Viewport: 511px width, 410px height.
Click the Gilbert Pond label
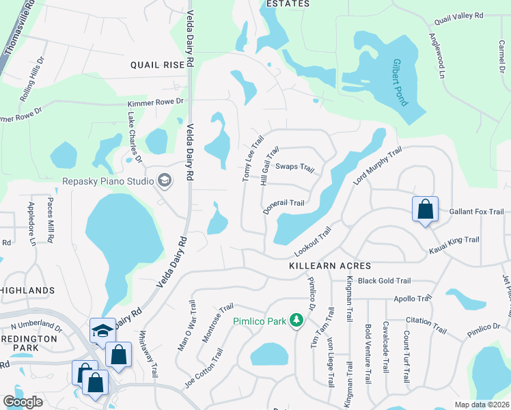(400, 83)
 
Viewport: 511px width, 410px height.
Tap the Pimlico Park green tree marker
(296, 319)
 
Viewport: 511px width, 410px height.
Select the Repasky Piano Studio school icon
(164, 180)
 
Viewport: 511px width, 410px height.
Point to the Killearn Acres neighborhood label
(329, 266)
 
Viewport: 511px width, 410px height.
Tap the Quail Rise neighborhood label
(158, 65)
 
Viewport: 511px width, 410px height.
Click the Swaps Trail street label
(294, 167)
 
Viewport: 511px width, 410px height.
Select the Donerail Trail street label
(283, 204)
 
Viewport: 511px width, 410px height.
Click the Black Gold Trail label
(384, 281)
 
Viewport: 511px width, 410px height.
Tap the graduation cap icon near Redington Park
(102, 331)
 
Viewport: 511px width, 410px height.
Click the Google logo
(23, 402)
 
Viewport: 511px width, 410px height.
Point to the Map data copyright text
(482, 404)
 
